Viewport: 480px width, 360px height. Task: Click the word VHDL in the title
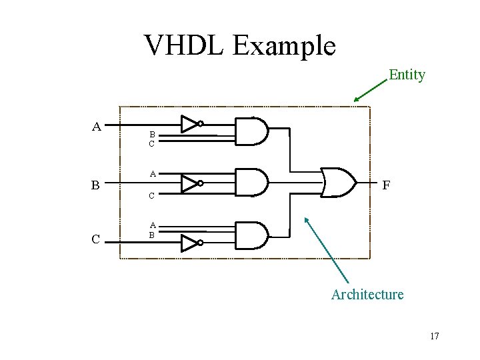pyautogui.click(x=184, y=45)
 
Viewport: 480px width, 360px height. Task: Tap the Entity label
pyautogui.click(x=407, y=75)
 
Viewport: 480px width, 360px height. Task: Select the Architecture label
pyautogui.click(x=367, y=294)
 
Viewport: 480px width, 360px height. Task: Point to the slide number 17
pyautogui.click(x=434, y=336)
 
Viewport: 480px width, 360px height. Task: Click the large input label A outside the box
pyautogui.click(x=97, y=126)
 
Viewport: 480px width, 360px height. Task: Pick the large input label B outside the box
pyautogui.click(x=97, y=185)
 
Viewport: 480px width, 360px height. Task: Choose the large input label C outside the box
pyautogui.click(x=97, y=239)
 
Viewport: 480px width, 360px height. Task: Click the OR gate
pyautogui.click(x=338, y=182)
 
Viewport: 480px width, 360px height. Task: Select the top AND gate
pyautogui.click(x=251, y=132)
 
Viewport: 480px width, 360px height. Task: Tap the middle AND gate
pyautogui.click(x=251, y=183)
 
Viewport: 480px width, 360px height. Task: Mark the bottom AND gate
pyautogui.click(x=251, y=235)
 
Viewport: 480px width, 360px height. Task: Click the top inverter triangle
pyautogui.click(x=190, y=124)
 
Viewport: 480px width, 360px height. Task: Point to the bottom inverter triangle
pyautogui.click(x=190, y=243)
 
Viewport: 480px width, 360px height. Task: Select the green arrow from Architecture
pyautogui.click(x=327, y=249)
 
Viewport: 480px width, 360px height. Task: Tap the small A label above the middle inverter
pyautogui.click(x=153, y=174)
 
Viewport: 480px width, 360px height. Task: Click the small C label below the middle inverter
pyautogui.click(x=152, y=196)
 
